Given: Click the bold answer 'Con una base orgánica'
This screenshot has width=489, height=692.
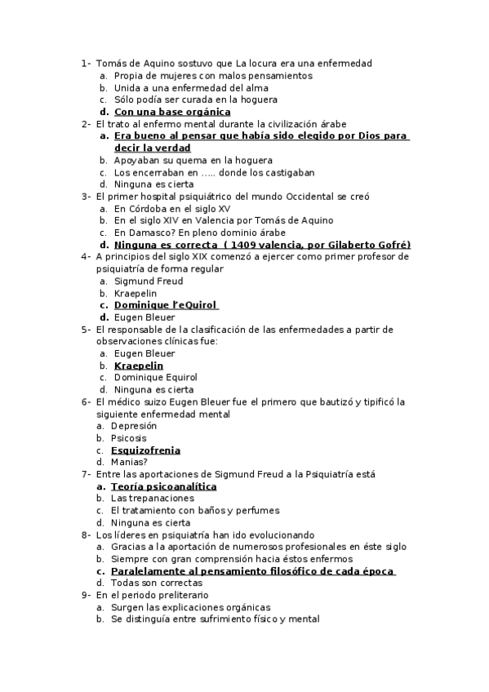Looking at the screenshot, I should click(172, 112).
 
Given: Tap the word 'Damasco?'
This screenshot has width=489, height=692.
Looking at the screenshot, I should click(150, 233).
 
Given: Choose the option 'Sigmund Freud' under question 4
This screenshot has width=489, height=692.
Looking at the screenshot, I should click(148, 281).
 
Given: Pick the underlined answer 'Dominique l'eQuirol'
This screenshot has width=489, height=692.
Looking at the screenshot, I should click(165, 305).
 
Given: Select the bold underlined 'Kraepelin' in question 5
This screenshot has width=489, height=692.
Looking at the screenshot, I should click(139, 366).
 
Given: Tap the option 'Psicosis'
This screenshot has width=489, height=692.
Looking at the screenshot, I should click(129, 438).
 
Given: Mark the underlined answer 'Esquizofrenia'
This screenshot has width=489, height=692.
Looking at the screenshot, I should click(145, 450).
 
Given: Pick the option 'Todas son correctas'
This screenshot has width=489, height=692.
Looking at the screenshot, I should click(156, 583).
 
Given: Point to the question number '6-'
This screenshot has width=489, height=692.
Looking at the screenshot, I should click(86, 402).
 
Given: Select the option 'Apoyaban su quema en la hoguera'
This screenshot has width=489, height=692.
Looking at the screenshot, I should click(193, 160).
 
